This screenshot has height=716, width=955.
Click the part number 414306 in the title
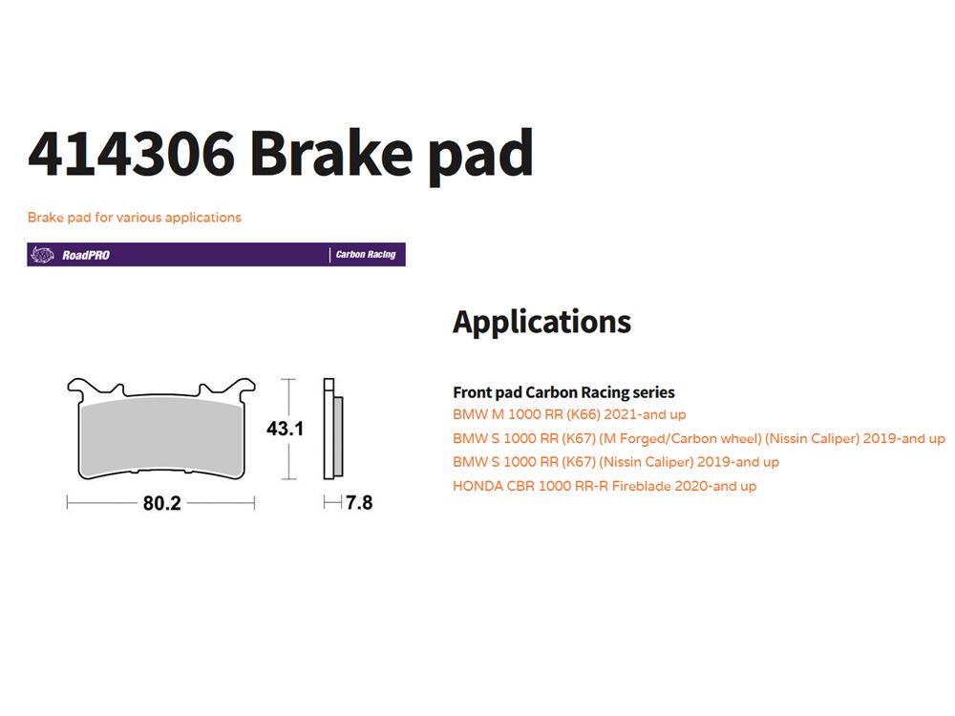[131, 153]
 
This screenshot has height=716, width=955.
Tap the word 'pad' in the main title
[480, 156]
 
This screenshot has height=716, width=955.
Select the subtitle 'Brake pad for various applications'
[134, 218]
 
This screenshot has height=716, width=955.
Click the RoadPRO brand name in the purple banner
[86, 255]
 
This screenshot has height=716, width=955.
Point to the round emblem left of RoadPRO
[42, 255]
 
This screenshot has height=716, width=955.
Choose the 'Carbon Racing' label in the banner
[366, 255]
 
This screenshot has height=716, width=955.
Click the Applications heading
[542, 322]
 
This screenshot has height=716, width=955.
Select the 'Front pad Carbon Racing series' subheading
[564, 392]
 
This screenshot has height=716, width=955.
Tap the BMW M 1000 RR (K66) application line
[569, 414]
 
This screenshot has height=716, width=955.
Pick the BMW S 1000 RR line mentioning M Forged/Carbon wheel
[699, 438]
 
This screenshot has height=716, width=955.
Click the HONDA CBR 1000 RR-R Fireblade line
[605, 486]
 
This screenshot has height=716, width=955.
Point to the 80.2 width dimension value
[162, 503]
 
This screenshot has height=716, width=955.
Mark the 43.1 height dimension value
[285, 429]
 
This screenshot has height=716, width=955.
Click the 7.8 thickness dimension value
[359, 502]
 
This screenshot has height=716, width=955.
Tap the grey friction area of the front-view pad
[161, 435]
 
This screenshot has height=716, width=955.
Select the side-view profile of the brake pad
[333, 430]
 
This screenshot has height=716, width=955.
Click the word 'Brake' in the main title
[331, 153]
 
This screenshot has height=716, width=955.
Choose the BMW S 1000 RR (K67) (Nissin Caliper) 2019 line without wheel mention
[616, 462]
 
